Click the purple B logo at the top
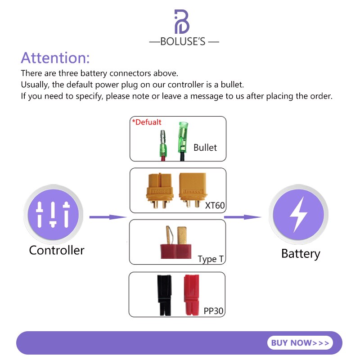coord(182,22)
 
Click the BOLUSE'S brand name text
coord(183,41)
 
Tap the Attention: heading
coord(55,58)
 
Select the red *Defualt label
coord(147,122)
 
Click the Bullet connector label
coord(205,148)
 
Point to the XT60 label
coord(215,205)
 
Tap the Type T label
coord(211,259)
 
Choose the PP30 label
coord(213,311)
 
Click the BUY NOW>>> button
coord(300,343)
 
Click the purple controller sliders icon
coord(53,215)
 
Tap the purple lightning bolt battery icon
coord(298,215)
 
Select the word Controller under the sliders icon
coord(57,250)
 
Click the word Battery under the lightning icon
coord(301,254)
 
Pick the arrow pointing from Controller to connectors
coord(108,217)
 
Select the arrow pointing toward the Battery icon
coord(243,217)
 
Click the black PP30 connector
coord(164,295)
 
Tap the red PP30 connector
coord(191,295)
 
